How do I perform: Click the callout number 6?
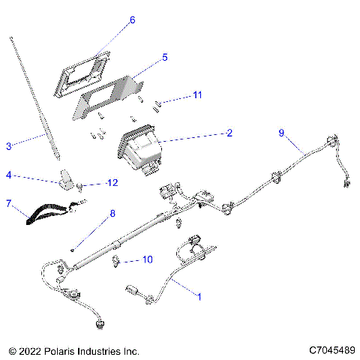coord(132,20)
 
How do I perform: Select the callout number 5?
coord(164,56)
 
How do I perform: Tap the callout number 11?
coord(197,95)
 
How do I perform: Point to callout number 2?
coord(229,133)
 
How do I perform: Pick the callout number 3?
coord(8,145)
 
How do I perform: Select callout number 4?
coord(8,175)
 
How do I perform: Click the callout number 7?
coord(8,203)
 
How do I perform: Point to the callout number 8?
coord(112,213)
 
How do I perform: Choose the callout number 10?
coord(147,260)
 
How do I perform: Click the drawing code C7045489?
coord(330,350)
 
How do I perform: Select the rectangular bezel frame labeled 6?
coord(84,73)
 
